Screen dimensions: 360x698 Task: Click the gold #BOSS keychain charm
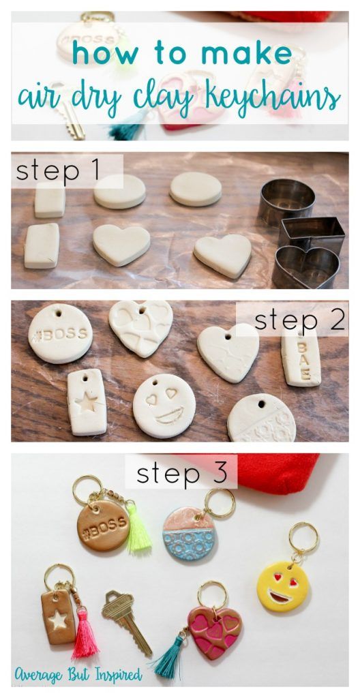(x=103, y=526)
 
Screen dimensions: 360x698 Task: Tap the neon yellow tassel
(x=138, y=528)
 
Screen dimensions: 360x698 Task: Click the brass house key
(x=127, y=620)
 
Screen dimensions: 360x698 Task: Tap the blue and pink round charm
(x=190, y=534)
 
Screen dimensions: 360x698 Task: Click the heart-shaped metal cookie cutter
(x=305, y=268)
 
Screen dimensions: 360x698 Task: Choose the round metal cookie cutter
(x=287, y=202)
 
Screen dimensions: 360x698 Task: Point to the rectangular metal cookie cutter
(x=312, y=233)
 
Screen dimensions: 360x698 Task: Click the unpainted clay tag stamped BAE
(x=301, y=359)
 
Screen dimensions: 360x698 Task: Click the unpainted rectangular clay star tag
(x=87, y=402)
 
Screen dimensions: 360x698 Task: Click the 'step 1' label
(x=57, y=171)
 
